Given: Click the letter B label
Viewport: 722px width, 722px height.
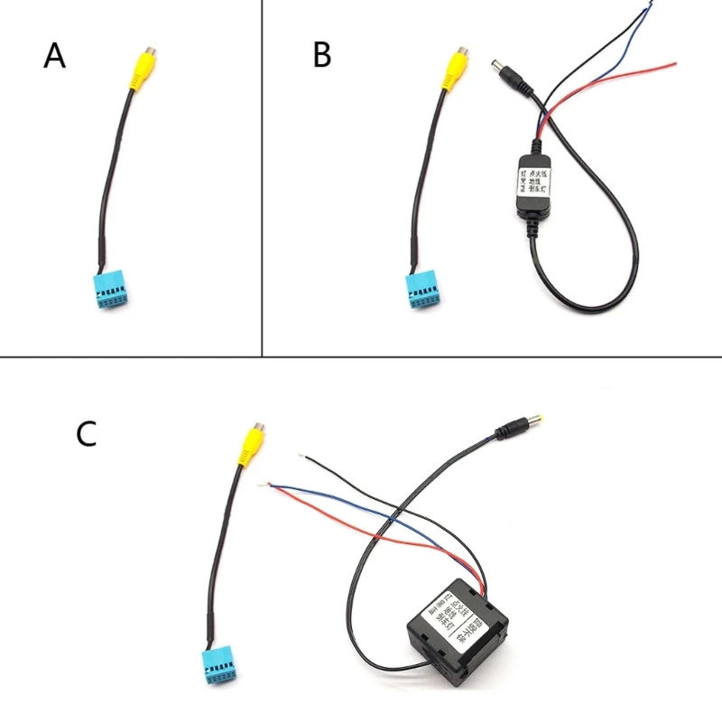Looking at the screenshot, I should (x=322, y=55).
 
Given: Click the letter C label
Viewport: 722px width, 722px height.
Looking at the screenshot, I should (x=87, y=434).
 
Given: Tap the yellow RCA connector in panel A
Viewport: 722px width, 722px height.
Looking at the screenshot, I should (x=141, y=69).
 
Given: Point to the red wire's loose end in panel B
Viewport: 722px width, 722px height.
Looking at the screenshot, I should (x=674, y=63).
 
